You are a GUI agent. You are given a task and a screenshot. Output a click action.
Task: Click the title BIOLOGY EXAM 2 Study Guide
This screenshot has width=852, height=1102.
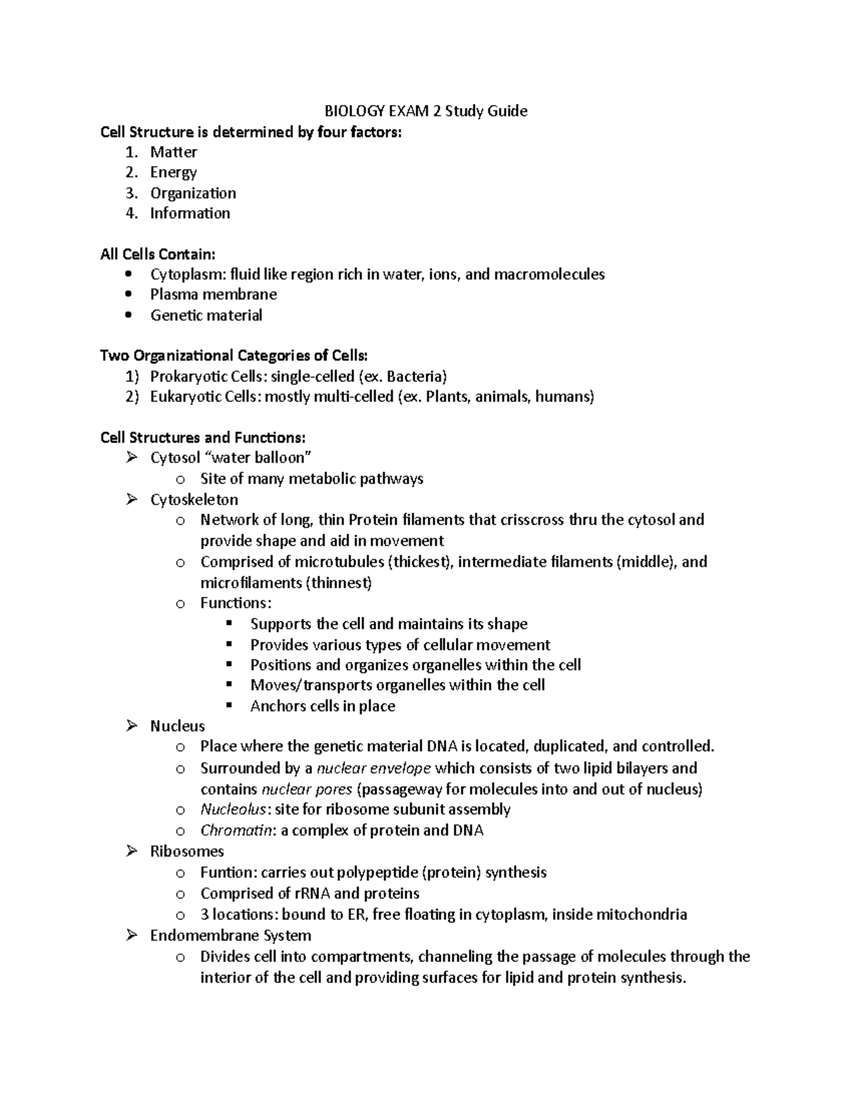(x=425, y=111)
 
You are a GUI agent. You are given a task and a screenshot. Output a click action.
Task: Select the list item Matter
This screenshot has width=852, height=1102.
(x=173, y=152)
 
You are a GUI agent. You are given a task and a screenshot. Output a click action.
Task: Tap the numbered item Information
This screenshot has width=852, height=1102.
(x=190, y=213)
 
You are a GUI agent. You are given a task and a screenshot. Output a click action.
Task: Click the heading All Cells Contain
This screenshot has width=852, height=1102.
(x=157, y=254)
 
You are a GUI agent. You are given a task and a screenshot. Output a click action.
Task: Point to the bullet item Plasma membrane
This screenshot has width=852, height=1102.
(x=213, y=294)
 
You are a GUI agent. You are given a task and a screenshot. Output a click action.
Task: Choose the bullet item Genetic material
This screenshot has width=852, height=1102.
(x=206, y=315)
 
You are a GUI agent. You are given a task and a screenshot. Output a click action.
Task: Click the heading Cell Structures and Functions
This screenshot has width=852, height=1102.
(x=203, y=438)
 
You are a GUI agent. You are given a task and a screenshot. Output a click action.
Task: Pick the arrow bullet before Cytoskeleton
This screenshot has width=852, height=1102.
(x=131, y=500)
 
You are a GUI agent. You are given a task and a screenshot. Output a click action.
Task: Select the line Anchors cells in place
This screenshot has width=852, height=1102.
(x=322, y=706)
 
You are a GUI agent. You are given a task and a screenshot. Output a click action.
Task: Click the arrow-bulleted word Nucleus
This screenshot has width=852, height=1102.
(x=177, y=726)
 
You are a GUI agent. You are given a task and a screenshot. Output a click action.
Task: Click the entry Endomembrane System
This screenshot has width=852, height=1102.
(x=230, y=935)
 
